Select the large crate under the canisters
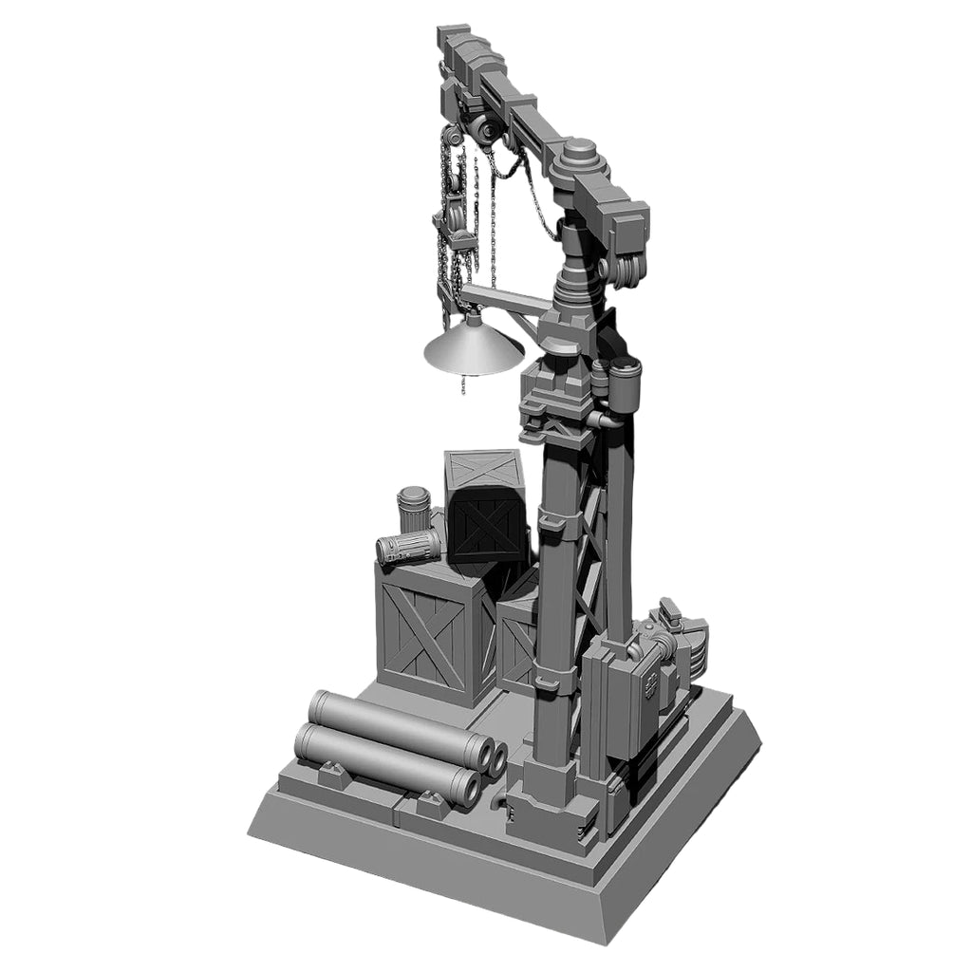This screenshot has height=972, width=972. [x=425, y=630]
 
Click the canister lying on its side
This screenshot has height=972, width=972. [x=408, y=547]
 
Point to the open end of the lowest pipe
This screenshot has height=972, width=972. [x=466, y=787]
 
